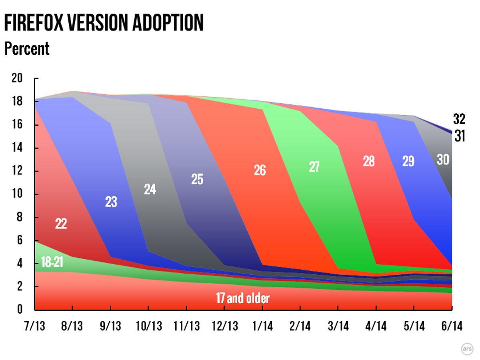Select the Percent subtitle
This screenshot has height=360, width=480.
click(27, 49)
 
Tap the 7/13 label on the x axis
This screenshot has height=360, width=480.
click(34, 326)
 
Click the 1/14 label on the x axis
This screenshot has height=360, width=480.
click(262, 326)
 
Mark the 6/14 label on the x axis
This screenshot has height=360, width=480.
click(452, 326)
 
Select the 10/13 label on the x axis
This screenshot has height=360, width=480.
click(148, 326)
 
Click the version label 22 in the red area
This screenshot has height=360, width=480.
click(61, 223)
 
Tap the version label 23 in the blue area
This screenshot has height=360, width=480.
click(111, 202)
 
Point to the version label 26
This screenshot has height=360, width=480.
click(260, 170)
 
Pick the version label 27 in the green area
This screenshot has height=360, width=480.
click(314, 166)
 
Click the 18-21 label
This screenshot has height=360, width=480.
click(52, 263)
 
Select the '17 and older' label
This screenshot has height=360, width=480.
click(243, 298)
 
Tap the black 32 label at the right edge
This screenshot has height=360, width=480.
click(459, 119)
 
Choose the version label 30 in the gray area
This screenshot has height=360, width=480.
click(443, 160)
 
